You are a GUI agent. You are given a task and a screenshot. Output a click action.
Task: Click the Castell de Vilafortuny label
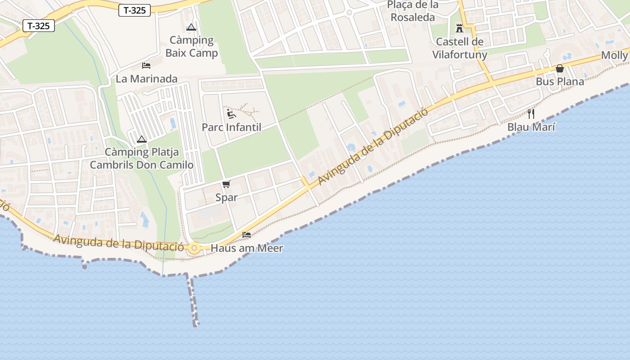pos(459,48)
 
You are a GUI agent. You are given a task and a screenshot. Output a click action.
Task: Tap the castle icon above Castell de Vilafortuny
pos(459,28)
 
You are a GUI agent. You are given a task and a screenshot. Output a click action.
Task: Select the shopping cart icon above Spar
pos(226,184)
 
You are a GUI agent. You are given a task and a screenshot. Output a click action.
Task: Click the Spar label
pos(226,197)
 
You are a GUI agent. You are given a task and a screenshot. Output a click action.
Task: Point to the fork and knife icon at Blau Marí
pos(531,113)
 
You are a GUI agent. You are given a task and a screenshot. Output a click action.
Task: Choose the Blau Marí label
pos(531,127)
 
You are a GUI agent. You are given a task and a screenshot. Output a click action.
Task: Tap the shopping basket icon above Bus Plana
pos(560,68)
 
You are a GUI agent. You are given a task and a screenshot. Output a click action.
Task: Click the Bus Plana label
pos(560,81)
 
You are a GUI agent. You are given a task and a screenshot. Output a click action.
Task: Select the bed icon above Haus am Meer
pos(247,235)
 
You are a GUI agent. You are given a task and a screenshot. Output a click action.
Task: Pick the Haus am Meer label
pos(247,248)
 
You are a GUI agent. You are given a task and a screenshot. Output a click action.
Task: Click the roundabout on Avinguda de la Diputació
pos(194,247)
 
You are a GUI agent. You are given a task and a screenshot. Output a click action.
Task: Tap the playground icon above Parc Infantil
pos(231,113)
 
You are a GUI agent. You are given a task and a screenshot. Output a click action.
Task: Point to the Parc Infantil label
pos(231,127)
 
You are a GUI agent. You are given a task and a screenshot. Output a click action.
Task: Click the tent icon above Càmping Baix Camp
pos(191,27)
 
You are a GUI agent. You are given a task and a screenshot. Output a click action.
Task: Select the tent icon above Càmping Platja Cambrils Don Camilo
pos(142,139)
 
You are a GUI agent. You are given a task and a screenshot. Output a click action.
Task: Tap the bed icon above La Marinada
pos(146,65)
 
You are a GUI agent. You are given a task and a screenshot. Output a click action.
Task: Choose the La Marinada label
pos(147,79)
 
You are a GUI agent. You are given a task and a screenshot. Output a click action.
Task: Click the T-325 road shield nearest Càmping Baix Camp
pos(135,10)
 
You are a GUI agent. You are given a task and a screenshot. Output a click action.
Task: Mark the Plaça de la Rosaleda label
pos(413,11)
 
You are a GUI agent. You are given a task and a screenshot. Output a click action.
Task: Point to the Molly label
pos(615,55)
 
